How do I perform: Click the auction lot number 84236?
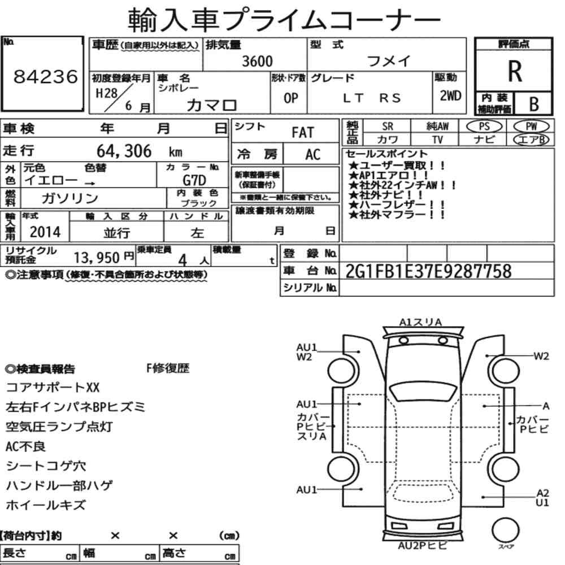pos(45,76)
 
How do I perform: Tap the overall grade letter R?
pos(515,71)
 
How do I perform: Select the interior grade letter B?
pos(534,104)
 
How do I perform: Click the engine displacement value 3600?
pos(257,61)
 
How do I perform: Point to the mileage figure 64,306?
pos(124,151)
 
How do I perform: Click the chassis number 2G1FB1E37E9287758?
pos(428,271)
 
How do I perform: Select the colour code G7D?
pos(194,180)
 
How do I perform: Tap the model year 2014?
pos(45,232)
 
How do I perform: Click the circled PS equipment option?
pos(484,127)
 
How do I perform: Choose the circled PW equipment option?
pos(531,127)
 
